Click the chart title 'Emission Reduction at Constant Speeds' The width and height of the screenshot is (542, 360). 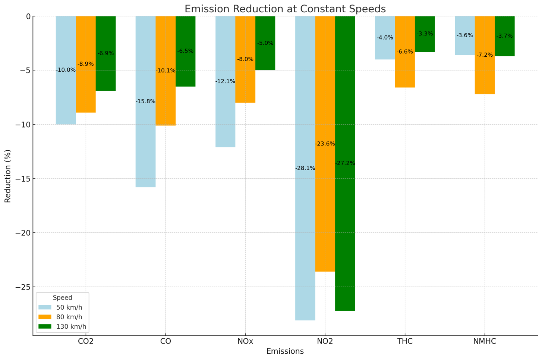tap(285, 9)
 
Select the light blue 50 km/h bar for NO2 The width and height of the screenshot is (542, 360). tap(305, 224)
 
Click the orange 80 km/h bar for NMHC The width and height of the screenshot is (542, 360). tap(485, 75)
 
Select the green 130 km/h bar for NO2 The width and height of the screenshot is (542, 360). tap(345, 224)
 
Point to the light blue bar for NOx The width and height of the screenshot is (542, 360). tap(225, 112)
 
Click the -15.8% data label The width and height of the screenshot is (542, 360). tap(145, 101)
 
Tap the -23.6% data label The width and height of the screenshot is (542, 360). tap(325, 144)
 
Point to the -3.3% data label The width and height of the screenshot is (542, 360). tap(425, 34)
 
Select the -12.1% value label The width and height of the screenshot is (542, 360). tap(225, 81)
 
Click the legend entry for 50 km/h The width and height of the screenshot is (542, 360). tap(69, 307)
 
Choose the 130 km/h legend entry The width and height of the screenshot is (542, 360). tap(71, 327)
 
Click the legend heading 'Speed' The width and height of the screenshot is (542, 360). tap(63, 298)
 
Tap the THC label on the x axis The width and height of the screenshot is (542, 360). tap(405, 341)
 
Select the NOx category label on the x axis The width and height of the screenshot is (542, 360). tap(245, 341)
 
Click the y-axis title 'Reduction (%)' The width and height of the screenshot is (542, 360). tap(8, 176)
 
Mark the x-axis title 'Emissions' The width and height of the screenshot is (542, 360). tap(285, 351)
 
